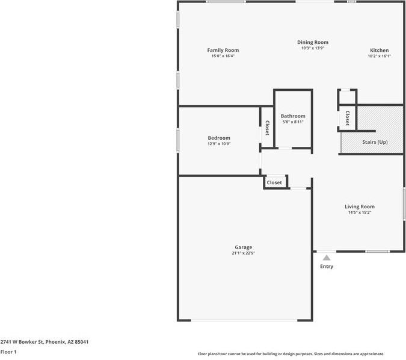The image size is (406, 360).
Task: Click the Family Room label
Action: [223, 50]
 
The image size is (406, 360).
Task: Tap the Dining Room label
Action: [313, 42]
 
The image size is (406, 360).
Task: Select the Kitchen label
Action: [379, 50]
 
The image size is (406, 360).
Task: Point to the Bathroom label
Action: [293, 116]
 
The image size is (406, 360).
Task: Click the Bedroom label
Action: [219, 138]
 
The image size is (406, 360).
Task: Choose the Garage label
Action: [243, 247]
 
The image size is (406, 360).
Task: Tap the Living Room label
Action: [360, 206]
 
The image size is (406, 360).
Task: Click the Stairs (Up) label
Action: [375, 142]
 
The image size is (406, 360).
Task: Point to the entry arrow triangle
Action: [327, 258]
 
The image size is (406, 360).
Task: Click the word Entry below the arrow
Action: [327, 267]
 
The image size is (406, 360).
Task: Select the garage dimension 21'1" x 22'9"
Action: [243, 253]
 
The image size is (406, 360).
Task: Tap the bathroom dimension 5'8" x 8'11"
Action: [293, 122]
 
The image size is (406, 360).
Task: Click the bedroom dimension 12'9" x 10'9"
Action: [219, 144]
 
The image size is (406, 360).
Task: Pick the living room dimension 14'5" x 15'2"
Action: [360, 213]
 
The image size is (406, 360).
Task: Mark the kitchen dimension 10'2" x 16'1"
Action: [379, 56]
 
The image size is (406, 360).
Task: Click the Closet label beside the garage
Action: [274, 182]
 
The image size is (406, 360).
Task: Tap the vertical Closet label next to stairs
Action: [347, 118]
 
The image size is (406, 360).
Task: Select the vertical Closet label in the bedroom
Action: [267, 128]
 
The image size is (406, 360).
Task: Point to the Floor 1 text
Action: [8, 352]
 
